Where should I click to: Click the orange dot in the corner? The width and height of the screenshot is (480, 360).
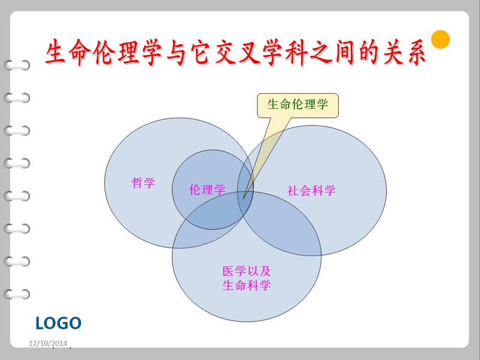(x=440, y=40)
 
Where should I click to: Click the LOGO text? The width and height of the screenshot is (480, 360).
(x=58, y=323)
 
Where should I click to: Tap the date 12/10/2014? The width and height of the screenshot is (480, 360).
(x=48, y=343)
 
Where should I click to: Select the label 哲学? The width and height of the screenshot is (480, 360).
(x=143, y=183)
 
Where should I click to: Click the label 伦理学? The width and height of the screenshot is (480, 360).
(x=207, y=190)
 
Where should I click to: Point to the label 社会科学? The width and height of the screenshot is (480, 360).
(x=311, y=191)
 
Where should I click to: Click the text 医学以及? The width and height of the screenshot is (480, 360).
(x=246, y=271)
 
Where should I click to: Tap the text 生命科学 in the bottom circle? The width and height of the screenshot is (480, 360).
(x=246, y=285)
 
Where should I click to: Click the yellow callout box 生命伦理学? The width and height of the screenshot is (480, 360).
(x=298, y=105)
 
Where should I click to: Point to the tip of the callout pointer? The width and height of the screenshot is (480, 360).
(x=243, y=199)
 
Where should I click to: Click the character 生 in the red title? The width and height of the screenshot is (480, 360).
(x=56, y=52)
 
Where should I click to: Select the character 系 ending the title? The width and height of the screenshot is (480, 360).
(x=415, y=52)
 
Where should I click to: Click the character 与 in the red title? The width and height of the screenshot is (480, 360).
(x=176, y=52)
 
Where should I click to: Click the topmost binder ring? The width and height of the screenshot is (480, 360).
(x=17, y=65)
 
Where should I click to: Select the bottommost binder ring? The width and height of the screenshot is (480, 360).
(x=17, y=294)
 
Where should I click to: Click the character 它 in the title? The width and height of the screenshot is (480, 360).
(x=200, y=52)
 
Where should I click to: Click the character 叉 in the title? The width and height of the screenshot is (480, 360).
(x=248, y=52)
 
